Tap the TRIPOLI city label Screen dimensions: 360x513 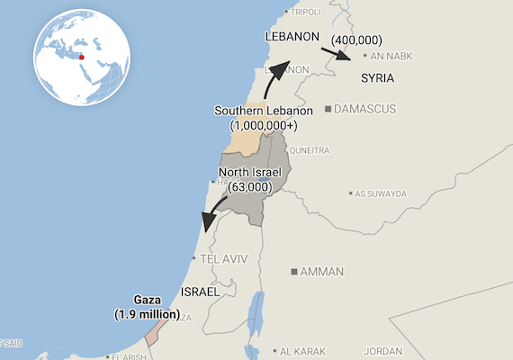(306, 12)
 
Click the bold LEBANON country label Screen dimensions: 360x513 (293, 37)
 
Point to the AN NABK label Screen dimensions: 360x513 (388, 55)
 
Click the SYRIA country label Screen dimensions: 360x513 (377, 78)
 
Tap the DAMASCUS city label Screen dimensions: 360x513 (364, 109)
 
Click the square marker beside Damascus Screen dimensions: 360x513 (328, 109)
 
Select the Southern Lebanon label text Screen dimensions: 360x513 (264, 111)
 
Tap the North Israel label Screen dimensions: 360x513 (250, 172)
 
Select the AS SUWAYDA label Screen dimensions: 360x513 (381, 193)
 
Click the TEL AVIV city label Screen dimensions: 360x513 (222, 258)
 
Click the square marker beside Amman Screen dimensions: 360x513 (294, 271)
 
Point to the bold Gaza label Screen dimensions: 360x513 (146, 300)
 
